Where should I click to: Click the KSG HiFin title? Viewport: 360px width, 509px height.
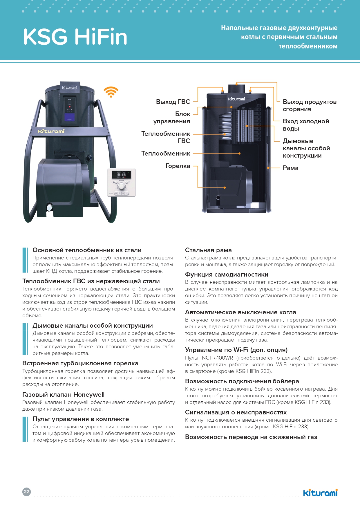tap(75, 37)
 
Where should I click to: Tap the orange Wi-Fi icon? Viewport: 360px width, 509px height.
tap(111, 92)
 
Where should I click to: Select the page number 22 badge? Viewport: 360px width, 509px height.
tap(27, 492)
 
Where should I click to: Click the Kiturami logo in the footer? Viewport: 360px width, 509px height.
tap(320, 493)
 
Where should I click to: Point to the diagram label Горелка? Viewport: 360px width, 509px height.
tap(178, 166)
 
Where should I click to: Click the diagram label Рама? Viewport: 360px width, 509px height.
tap(290, 168)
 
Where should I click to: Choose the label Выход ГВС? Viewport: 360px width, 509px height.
tap(173, 102)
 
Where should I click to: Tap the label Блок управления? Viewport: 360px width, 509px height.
tap(172, 118)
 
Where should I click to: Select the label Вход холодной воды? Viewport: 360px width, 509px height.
tap(306, 125)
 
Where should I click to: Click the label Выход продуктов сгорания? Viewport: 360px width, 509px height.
tap(310, 105)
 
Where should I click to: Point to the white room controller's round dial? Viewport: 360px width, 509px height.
tap(122, 186)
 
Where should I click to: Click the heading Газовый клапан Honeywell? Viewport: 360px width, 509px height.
tap(64, 395)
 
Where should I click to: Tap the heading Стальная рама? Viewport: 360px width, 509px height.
tap(208, 250)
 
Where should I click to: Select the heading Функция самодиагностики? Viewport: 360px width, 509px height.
tap(227, 275)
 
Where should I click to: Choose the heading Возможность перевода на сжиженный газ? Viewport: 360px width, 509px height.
tap(251, 437)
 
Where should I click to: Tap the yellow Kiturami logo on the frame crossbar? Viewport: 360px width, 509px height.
tap(51, 131)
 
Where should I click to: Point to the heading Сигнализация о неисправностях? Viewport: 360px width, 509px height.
tap(236, 412)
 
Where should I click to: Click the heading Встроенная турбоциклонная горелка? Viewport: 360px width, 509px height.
tap(80, 363)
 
